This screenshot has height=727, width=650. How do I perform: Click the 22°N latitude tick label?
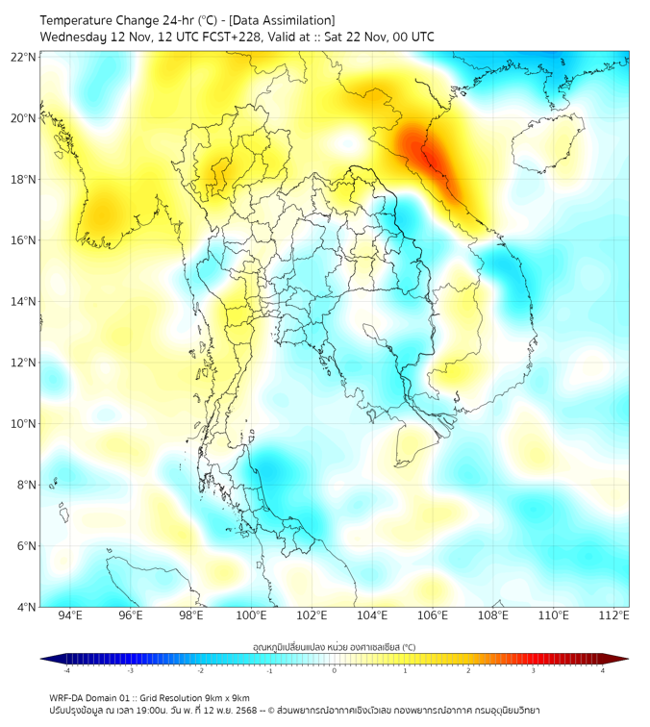tap(23, 58)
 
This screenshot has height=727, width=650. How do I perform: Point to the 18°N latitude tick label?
tap(23, 180)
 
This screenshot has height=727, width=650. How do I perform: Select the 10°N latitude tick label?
tap(23, 424)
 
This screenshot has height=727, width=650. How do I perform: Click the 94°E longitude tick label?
tap(70, 615)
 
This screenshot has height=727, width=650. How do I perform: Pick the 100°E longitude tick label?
tap(252, 615)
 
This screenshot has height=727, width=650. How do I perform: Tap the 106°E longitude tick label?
tap(434, 615)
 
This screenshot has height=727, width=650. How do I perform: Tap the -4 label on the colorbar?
tap(66, 670)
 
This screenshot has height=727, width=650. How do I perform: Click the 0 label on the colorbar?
tap(335, 670)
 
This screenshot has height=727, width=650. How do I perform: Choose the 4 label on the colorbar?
tap(602, 670)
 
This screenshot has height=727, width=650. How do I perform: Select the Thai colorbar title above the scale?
tap(334, 646)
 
